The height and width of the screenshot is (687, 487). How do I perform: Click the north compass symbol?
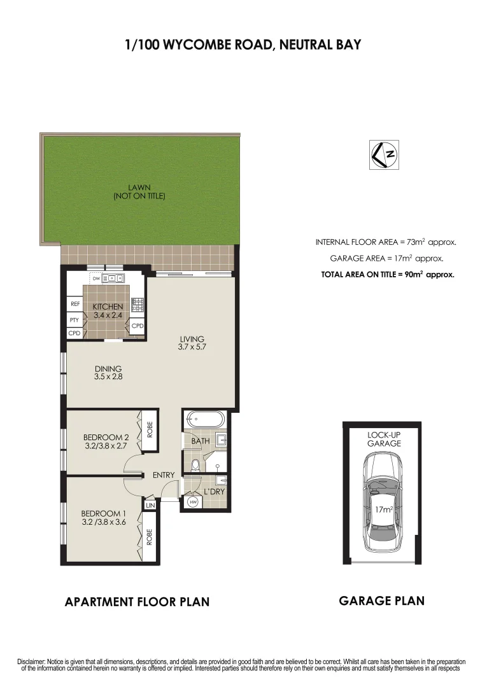click(x=385, y=155)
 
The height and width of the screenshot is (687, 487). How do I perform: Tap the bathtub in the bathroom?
click(x=204, y=420)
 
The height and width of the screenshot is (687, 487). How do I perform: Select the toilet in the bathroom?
click(x=195, y=465)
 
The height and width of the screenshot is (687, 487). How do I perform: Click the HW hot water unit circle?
click(x=192, y=502)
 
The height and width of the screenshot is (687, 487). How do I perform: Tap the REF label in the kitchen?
click(x=74, y=304)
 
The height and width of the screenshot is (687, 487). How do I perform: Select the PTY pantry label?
click(x=74, y=320)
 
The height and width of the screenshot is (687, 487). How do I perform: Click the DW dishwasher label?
click(x=96, y=278)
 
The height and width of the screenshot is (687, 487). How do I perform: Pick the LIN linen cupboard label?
click(x=151, y=505)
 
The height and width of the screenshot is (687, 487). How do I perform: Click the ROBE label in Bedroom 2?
click(x=150, y=431)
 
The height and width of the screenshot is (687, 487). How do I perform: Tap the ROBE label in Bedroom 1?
click(x=150, y=538)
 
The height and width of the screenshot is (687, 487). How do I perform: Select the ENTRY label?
click(x=164, y=475)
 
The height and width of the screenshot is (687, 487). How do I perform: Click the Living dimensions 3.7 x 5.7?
click(x=192, y=347)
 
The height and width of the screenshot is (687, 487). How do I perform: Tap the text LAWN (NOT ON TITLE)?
click(x=139, y=191)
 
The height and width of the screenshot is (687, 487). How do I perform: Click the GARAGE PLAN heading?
click(x=381, y=600)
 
